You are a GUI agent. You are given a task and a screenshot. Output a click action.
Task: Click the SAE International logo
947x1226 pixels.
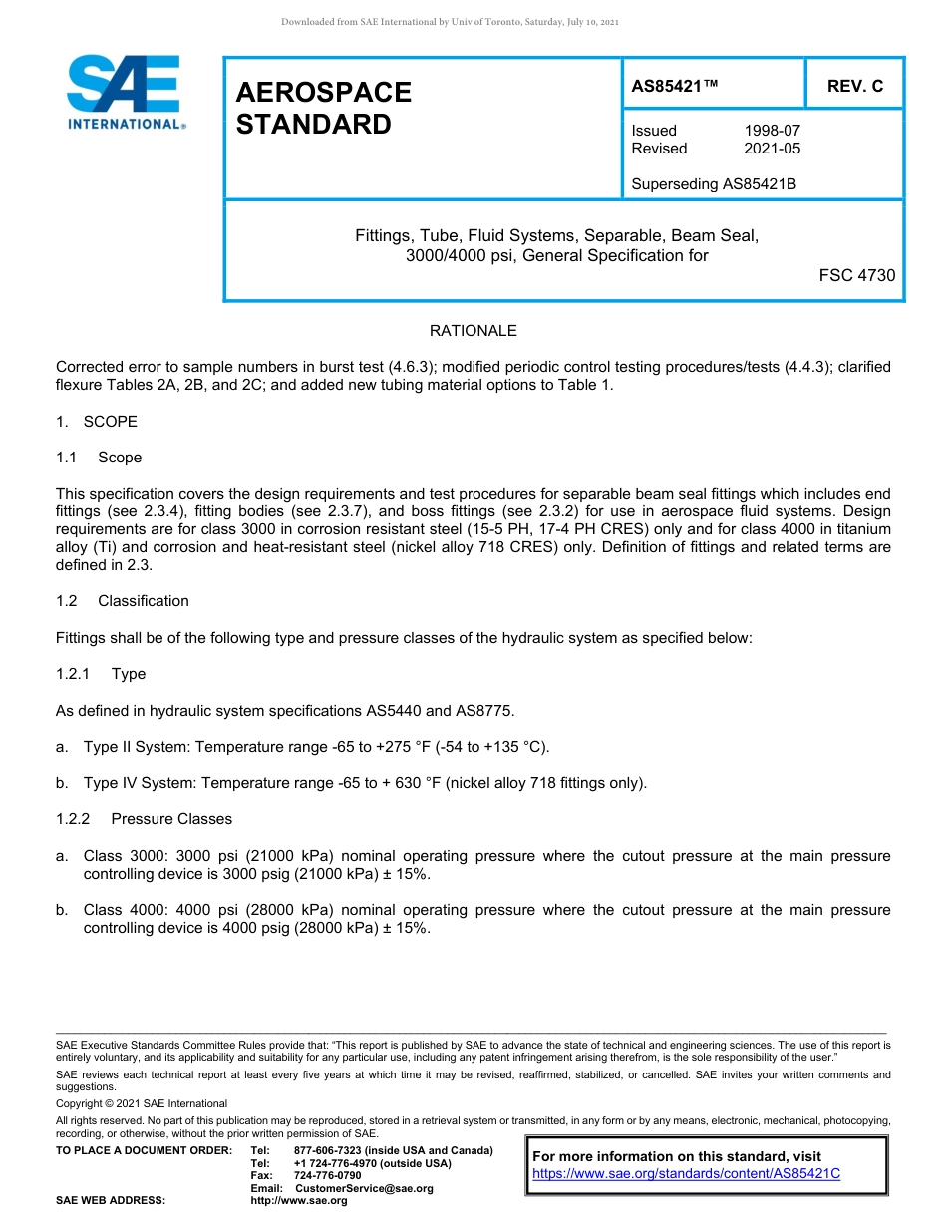[x=125, y=92]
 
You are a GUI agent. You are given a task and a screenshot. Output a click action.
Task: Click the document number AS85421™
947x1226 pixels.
[x=674, y=86]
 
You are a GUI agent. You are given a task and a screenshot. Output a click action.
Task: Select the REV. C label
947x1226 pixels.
[x=854, y=86]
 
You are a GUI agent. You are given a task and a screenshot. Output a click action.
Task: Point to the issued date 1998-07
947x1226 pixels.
[x=772, y=131]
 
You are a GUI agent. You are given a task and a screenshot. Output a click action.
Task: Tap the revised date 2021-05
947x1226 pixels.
[x=772, y=149]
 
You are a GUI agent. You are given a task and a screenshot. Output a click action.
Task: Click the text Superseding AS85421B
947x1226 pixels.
[x=714, y=184]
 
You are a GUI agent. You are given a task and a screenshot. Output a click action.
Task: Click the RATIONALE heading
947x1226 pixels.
[x=473, y=331]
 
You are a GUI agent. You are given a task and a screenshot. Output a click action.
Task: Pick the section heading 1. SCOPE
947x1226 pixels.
[x=97, y=422]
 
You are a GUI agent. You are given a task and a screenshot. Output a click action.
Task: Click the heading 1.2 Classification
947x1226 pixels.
[x=123, y=601]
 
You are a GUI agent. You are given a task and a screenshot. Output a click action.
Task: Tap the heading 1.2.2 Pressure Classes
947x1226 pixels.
[x=145, y=819]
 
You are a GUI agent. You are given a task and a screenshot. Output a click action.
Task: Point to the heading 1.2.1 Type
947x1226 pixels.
[x=101, y=674]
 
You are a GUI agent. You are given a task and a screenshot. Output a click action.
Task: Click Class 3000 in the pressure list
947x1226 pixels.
[x=118, y=856]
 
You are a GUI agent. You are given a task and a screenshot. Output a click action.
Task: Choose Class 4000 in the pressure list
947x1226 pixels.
[x=118, y=910]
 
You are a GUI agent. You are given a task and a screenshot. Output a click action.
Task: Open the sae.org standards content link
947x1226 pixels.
[x=686, y=1174]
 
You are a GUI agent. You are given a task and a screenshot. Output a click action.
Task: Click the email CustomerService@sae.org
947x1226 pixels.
[x=364, y=1188]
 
